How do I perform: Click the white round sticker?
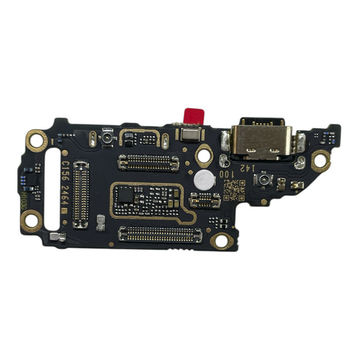[204, 180]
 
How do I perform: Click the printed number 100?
[230, 174]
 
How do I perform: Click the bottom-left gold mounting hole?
[30, 218]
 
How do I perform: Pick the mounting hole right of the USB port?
[322, 159]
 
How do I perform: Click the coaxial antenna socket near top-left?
[106, 138]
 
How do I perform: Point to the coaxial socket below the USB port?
[261, 181]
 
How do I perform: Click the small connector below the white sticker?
[205, 199]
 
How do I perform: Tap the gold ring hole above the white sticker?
[203, 155]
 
